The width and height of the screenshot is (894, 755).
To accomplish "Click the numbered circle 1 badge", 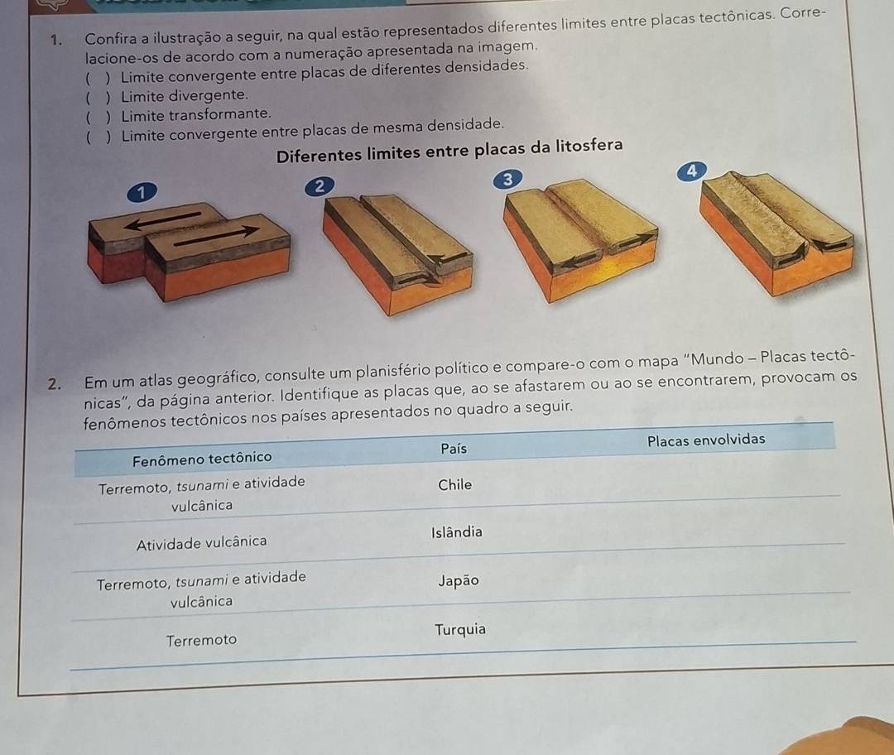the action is (x=141, y=193).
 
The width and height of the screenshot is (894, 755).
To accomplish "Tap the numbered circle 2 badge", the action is (x=319, y=186).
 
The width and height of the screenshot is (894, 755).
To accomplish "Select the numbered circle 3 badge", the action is (x=507, y=179).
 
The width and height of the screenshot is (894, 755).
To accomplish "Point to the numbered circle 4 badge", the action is (x=691, y=171).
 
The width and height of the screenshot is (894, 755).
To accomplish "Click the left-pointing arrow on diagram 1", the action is (x=162, y=221).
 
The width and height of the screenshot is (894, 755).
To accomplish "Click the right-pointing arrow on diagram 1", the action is (x=217, y=236).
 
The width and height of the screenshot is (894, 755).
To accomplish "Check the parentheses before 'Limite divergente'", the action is (x=98, y=97).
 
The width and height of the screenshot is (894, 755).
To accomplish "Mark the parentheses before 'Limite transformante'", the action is (x=98, y=117).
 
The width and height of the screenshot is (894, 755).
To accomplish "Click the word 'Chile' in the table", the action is (x=455, y=484).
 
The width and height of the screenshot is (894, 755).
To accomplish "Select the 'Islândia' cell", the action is (x=457, y=532).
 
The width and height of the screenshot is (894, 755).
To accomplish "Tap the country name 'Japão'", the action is (x=459, y=581).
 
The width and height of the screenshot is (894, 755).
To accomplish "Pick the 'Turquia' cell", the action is (x=460, y=630).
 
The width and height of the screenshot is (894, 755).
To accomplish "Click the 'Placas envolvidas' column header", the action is (x=706, y=440).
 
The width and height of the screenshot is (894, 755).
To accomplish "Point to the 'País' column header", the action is (x=454, y=449).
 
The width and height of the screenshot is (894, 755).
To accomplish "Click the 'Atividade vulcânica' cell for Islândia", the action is (x=201, y=542).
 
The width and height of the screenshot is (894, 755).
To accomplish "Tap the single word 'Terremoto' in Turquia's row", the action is (x=201, y=641).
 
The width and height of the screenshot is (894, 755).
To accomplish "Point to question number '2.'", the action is (x=55, y=384).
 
